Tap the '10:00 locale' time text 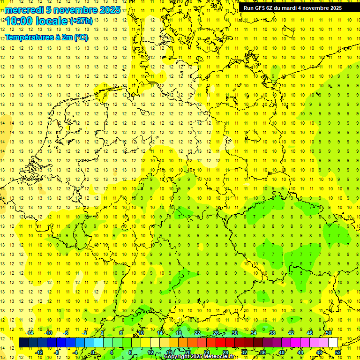click(x=37, y=21)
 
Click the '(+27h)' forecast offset click(x=81, y=21)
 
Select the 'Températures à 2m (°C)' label click(x=46, y=37)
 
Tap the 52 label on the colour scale click(x=338, y=352)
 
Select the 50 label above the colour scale click(x=329, y=333)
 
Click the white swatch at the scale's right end click(x=333, y=343)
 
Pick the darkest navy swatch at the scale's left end click(x=23, y=343)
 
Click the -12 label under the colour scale click(x=39, y=352)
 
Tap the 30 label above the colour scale click(x=234, y=333)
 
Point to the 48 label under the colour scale click(x=319, y=352)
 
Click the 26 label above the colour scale click(x=216, y=333)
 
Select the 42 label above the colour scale click(x=291, y=333)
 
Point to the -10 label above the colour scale click(x=49, y=333)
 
